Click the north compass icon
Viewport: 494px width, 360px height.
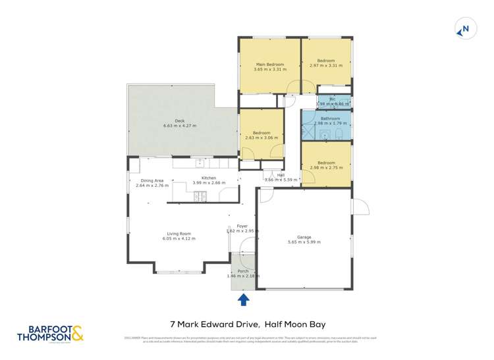[x=464, y=29]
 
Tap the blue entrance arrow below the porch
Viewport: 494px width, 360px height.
[x=243, y=300]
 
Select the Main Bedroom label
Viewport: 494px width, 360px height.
[x=270, y=64]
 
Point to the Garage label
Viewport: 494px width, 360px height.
[x=304, y=237]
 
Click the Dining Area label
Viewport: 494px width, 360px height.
[x=151, y=180]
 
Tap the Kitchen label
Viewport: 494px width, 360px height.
[x=209, y=178]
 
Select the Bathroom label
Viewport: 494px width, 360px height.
[x=326, y=118]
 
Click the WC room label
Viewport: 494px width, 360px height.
[x=332, y=99]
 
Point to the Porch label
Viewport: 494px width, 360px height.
[x=243, y=270]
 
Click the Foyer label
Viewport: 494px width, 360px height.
[x=242, y=226]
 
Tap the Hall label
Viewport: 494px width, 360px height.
[x=271, y=174]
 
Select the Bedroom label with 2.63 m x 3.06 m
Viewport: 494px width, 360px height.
[x=261, y=133]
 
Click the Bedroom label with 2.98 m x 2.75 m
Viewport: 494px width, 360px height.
[x=326, y=163]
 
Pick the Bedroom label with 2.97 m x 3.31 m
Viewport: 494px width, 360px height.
[x=326, y=61]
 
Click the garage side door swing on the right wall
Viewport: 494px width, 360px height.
[x=360, y=207]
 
